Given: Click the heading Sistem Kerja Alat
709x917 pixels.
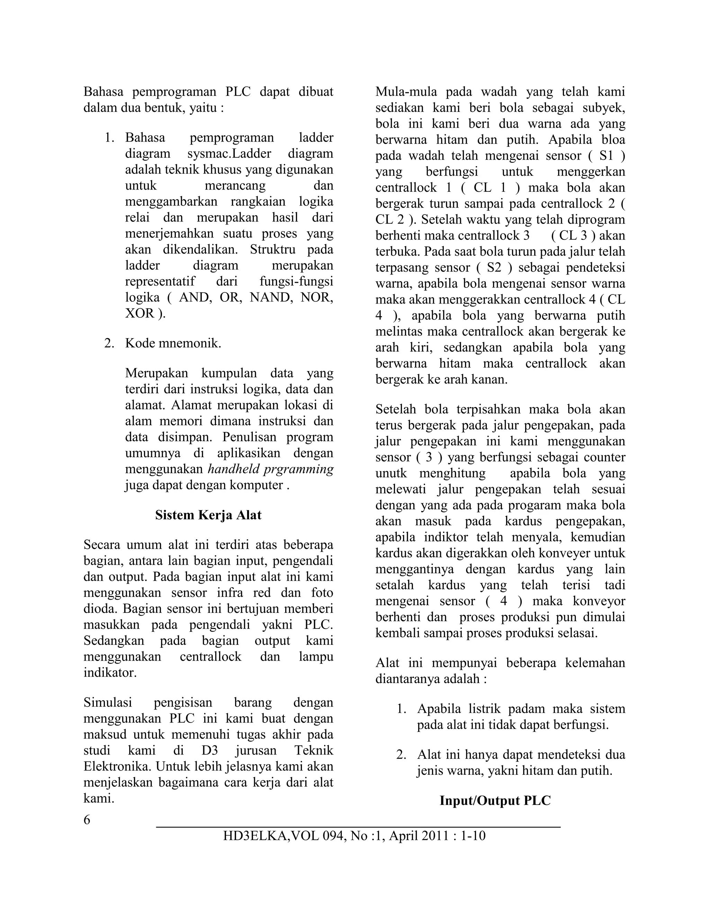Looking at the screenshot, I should [208, 515].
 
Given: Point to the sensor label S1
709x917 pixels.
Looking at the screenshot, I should [607, 155].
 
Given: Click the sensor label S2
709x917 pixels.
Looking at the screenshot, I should [494, 267].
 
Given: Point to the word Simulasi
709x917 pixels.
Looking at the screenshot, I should [108, 702].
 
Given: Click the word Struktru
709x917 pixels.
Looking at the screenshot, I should [274, 249].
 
